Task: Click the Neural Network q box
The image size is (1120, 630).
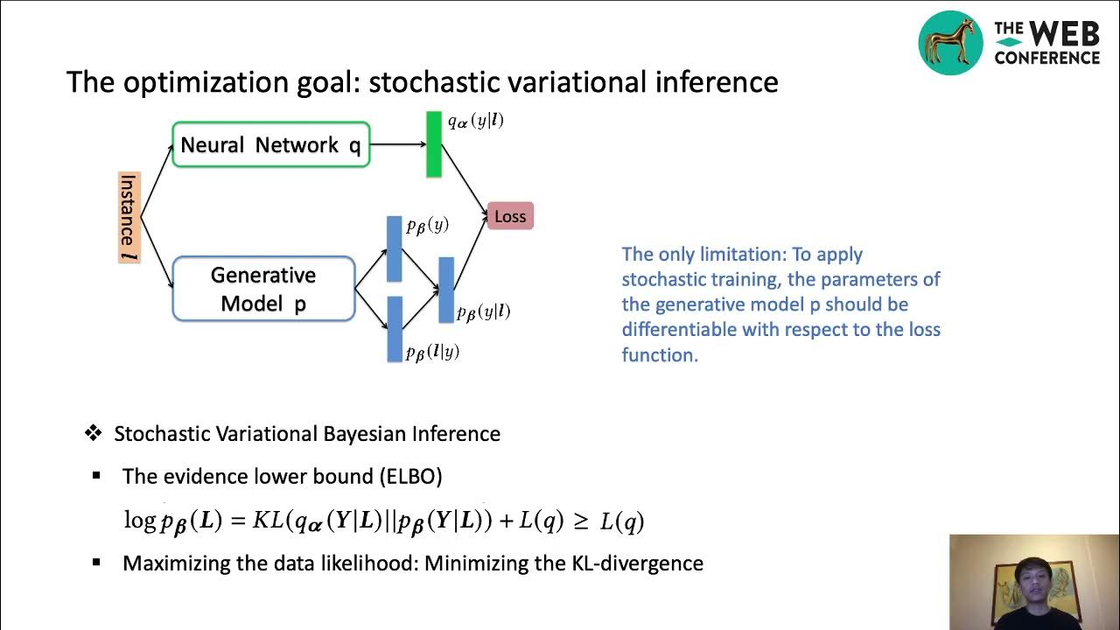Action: (270, 144)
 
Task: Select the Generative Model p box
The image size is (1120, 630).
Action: (263, 289)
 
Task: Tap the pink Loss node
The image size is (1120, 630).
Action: (510, 216)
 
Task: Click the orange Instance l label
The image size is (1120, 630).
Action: (129, 218)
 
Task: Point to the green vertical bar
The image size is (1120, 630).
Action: (433, 144)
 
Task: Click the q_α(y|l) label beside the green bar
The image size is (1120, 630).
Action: (475, 122)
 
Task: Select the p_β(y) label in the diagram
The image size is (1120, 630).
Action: (427, 226)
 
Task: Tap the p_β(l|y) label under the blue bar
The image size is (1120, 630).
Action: (432, 352)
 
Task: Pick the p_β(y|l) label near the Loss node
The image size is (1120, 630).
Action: (484, 311)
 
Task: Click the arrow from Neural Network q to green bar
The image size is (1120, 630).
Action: (397, 144)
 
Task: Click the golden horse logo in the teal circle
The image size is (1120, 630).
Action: (950, 43)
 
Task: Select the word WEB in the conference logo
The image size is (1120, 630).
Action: (1063, 34)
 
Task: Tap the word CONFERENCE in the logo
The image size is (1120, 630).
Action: (1046, 58)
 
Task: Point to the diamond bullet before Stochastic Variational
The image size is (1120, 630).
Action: (93, 433)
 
